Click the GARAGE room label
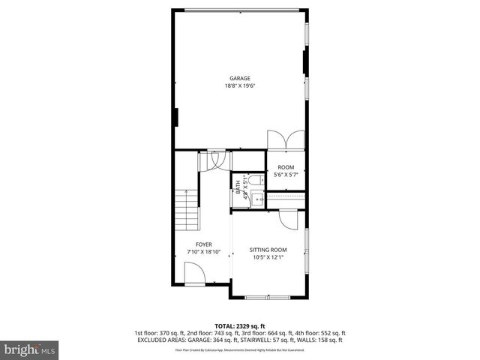(239, 78)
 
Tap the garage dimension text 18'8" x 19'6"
(239, 85)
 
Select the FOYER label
(203, 244)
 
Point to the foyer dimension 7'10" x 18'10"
(203, 252)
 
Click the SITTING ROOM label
(268, 250)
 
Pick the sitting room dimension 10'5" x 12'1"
(268, 257)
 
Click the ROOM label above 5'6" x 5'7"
(286, 167)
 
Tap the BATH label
(238, 190)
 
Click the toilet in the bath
(255, 180)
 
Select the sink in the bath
(256, 199)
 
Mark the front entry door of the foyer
(193, 278)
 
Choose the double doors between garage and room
(286, 139)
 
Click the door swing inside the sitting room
(288, 219)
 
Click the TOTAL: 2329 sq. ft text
(239, 325)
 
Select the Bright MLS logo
(30, 349)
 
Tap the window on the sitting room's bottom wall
(267, 298)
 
